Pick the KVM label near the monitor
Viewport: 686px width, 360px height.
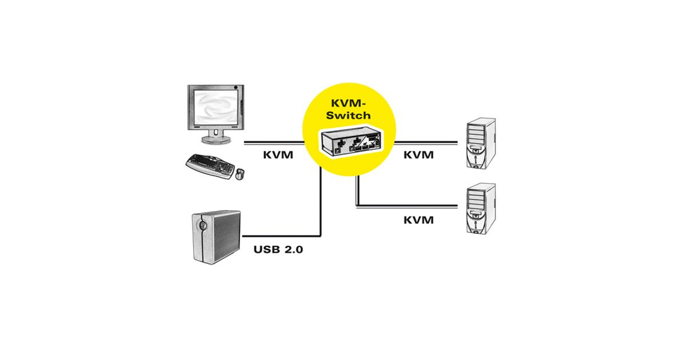pos(278,154)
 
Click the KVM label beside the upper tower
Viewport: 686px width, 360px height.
pos(418,154)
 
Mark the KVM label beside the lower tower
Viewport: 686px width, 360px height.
pos(418,220)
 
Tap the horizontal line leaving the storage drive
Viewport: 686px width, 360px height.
pos(280,235)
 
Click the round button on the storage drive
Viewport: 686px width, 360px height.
pos(201,225)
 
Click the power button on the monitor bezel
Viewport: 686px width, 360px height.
pos(237,87)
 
